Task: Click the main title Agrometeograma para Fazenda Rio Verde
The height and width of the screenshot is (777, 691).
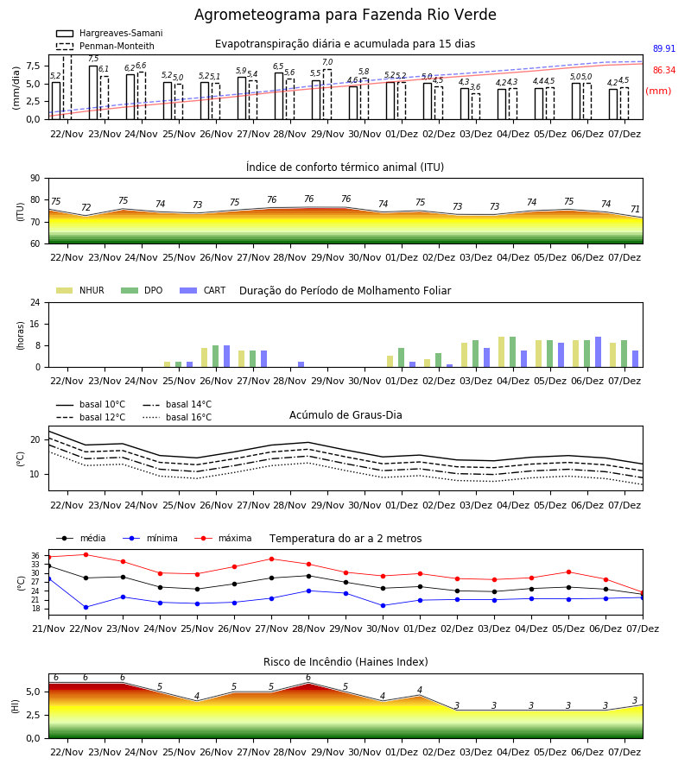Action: click(345, 15)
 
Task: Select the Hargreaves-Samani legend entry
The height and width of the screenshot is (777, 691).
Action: click(110, 33)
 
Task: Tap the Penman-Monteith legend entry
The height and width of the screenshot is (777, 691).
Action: click(105, 46)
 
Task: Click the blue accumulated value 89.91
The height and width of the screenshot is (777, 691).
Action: click(663, 48)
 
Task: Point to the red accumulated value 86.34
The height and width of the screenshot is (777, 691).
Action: click(663, 71)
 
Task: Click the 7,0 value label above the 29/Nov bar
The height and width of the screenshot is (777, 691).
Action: click(327, 62)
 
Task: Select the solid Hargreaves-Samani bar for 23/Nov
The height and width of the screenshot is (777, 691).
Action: click(93, 92)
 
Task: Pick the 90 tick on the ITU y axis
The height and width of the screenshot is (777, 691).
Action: click(35, 179)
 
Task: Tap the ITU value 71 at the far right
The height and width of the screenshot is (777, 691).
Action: click(635, 209)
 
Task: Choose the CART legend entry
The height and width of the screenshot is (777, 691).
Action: click(203, 290)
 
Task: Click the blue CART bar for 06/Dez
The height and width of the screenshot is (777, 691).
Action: click(599, 352)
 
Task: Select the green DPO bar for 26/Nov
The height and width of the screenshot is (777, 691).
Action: click(216, 357)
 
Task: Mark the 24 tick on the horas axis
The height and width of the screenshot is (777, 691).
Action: click(35, 303)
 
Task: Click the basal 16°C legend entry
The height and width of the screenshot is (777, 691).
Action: click(177, 417)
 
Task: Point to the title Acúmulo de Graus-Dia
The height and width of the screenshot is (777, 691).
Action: click(345, 415)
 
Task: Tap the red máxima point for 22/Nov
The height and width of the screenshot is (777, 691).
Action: click(86, 554)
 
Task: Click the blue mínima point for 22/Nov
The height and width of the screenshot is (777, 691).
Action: click(86, 607)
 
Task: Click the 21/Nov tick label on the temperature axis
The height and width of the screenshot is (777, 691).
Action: click(48, 629)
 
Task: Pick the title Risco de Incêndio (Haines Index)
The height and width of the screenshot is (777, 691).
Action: click(345, 662)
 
